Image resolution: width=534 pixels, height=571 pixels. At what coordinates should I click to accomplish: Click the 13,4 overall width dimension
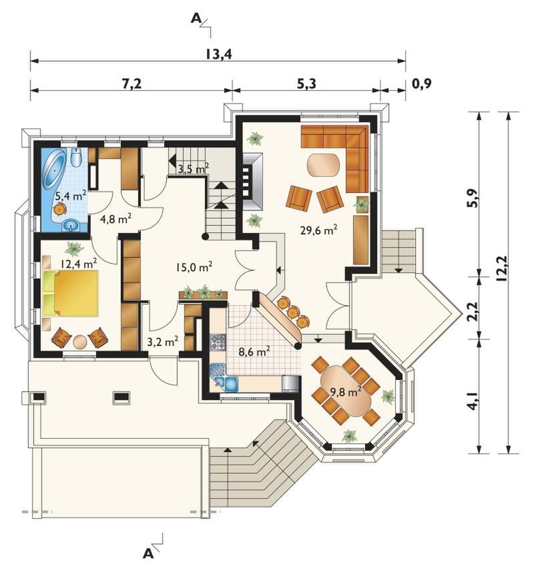pos(218,54)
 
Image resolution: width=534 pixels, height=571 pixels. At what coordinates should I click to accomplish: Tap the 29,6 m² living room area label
pos(318,230)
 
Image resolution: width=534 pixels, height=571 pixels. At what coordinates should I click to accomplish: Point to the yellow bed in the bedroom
pos(71,293)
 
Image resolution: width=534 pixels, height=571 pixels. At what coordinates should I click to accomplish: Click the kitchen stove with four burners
pos(218,343)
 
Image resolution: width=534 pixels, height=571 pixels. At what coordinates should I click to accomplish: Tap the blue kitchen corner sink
pos(224,377)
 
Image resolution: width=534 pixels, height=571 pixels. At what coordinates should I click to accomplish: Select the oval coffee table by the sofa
pos(323,164)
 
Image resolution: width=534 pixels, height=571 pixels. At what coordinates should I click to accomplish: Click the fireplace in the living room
pos(251,182)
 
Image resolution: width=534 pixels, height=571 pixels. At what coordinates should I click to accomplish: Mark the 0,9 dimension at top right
pos(421,83)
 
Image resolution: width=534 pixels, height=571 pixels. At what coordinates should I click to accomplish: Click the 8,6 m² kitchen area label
pos(254,352)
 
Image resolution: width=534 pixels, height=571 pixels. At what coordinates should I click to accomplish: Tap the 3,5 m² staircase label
pos(194,168)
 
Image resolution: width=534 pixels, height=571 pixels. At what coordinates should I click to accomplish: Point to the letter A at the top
pos(196,19)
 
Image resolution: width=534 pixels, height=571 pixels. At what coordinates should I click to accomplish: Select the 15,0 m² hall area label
pos(194,268)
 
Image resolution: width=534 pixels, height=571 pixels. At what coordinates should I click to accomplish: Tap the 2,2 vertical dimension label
pos(472,311)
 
